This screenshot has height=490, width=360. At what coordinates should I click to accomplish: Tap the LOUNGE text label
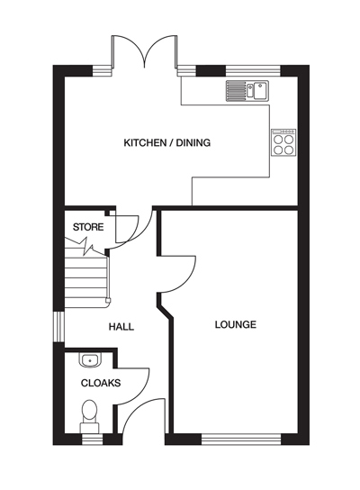(237, 324)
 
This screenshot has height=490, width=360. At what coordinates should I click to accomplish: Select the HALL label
(121, 326)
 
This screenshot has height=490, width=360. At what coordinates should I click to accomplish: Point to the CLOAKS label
(101, 383)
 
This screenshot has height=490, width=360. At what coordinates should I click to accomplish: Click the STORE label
(87, 227)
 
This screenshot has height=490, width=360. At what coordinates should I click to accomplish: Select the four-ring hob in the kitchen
(283, 143)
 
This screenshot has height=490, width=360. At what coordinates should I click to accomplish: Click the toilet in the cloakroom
(89, 413)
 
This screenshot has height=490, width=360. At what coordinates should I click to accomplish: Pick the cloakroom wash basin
(89, 360)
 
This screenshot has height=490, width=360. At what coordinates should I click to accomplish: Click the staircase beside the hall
(86, 277)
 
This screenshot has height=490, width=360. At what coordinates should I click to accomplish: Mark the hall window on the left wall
(58, 327)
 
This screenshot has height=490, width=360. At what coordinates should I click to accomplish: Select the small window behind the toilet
(90, 439)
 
